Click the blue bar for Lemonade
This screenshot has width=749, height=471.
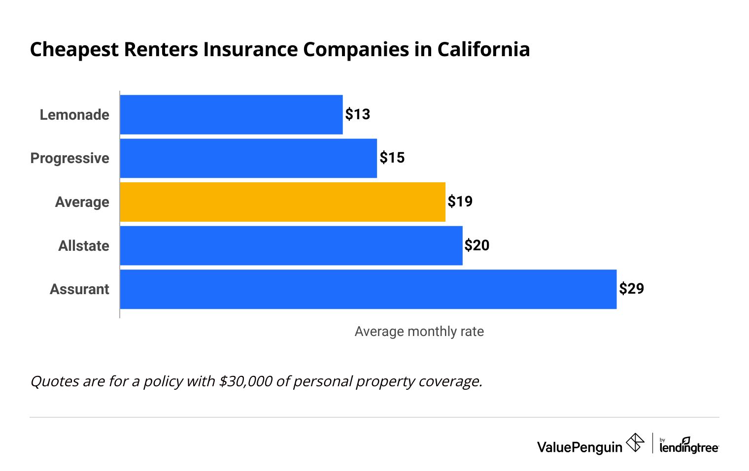tap(231, 114)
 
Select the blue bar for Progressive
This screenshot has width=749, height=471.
tap(248, 158)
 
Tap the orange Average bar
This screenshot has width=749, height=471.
tap(282, 202)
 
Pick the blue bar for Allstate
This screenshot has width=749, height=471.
tap(291, 245)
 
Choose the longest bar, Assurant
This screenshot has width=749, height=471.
tap(368, 289)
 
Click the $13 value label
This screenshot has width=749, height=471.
tap(357, 114)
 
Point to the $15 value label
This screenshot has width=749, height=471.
tap(392, 158)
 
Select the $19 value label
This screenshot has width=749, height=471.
tap(460, 202)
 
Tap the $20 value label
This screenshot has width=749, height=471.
tap(477, 245)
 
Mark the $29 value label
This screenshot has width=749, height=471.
tap(631, 289)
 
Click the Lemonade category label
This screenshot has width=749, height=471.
tap(74, 115)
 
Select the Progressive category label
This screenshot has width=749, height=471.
tap(69, 158)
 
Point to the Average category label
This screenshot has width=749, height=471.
tap(82, 202)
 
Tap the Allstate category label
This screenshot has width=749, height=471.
tap(84, 246)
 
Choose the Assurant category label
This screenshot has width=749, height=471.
tap(79, 289)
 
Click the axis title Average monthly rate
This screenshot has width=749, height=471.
tap(419, 332)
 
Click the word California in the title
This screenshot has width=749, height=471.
tap(483, 50)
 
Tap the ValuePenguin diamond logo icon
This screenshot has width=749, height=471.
tap(635, 442)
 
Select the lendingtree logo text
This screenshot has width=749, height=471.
tap(689, 446)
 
